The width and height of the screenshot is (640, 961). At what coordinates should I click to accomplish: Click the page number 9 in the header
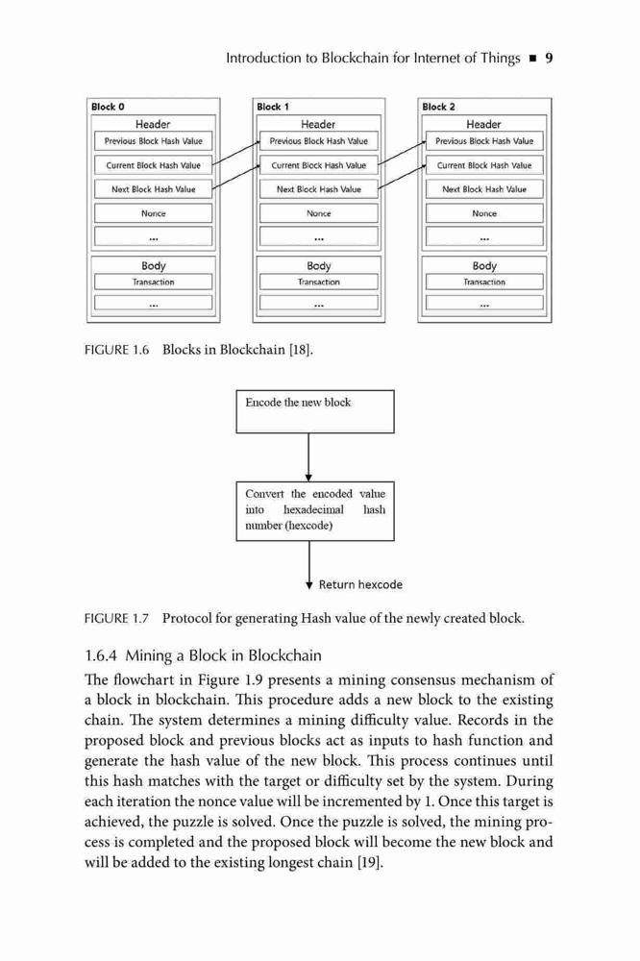549,59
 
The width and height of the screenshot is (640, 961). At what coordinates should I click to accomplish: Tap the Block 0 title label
108,107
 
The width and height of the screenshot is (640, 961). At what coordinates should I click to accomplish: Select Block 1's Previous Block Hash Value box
319,141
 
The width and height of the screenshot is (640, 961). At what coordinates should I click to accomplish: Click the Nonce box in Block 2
484,213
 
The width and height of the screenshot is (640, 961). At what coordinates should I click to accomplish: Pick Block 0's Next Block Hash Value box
153,189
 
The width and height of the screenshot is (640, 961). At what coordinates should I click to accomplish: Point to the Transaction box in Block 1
319,282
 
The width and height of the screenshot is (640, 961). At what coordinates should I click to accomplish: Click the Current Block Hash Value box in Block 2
484,165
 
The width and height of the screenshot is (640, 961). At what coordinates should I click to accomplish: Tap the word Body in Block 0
153,265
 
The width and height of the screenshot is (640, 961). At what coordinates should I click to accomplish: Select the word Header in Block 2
483,124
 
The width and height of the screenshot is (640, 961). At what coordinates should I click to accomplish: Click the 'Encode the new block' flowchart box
315,411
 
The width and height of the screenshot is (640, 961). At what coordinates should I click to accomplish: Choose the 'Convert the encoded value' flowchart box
315,511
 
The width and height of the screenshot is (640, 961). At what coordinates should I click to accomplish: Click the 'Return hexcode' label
360,584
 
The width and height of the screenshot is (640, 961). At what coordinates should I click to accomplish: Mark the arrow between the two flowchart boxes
308,457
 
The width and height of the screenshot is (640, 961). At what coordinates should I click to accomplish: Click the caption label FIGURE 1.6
116,350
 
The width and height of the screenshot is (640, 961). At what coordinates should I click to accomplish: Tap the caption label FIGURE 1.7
116,618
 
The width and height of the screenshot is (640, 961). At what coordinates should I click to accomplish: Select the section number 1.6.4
101,655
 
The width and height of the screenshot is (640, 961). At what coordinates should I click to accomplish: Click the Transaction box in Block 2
484,282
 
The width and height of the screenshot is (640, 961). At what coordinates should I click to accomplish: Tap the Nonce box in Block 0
153,213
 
